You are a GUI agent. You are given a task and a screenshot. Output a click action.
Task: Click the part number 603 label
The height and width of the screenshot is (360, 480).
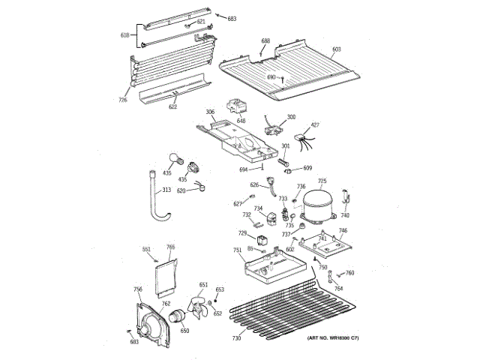pos(337,49)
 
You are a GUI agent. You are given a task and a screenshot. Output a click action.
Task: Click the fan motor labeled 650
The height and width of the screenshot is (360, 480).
pos(181,318)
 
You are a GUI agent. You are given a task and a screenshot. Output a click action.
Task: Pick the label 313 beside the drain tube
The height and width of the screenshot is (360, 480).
pos(166,190)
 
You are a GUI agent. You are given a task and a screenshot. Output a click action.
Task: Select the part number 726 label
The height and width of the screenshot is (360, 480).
pos(122,100)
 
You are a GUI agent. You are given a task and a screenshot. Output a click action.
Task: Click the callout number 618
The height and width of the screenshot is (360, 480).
pos(124,34)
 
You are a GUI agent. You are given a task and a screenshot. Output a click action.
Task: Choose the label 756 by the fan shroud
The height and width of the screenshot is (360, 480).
pos(138,289)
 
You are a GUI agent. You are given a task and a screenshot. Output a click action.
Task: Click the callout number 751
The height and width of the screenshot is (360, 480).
pos(237,250)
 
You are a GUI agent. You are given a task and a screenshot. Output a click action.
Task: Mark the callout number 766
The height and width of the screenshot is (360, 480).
pos(170,247)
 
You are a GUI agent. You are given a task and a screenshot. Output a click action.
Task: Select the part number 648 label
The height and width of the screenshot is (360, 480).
pos(241,121)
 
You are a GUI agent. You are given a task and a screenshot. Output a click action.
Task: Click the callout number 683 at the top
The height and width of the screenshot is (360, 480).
pos(232,17)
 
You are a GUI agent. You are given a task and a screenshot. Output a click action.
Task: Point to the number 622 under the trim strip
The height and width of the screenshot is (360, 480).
pos(173,106)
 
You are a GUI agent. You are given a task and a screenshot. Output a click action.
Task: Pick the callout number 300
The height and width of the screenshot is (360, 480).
pos(291,117)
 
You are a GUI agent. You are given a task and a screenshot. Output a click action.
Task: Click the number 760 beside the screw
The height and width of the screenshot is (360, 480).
pos(349,273)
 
